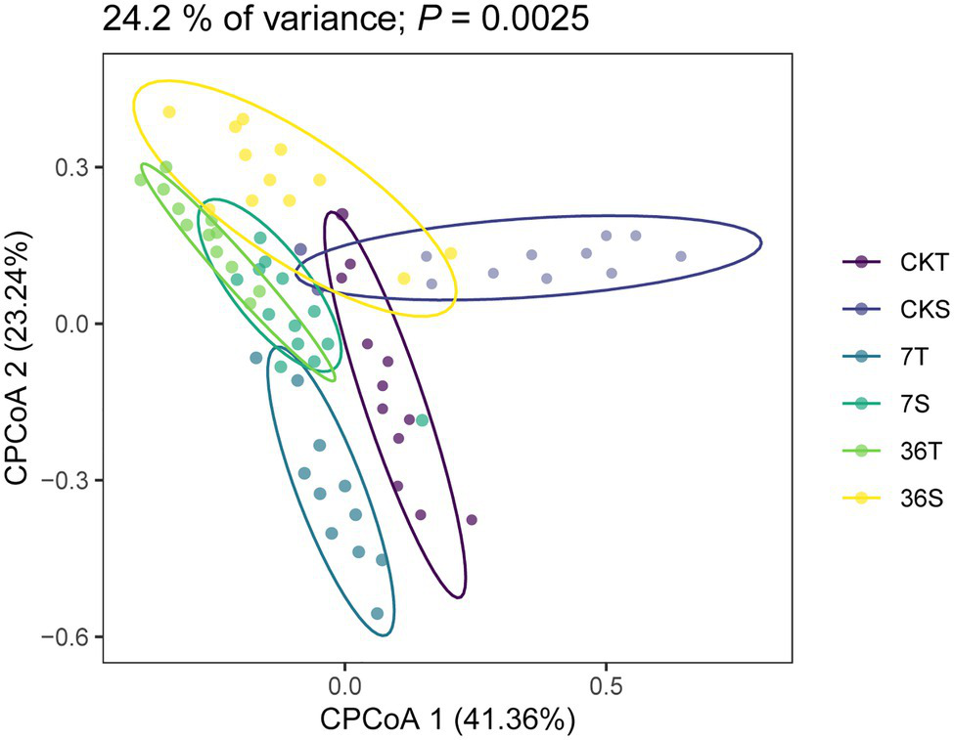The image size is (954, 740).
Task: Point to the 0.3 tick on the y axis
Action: click(x=71, y=167)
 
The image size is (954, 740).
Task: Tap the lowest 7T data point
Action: click(x=378, y=614)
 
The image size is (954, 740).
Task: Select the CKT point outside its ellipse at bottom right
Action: click(x=472, y=520)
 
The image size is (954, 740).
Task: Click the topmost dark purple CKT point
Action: click(x=341, y=214)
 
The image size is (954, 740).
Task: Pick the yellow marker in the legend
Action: click(x=860, y=499)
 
